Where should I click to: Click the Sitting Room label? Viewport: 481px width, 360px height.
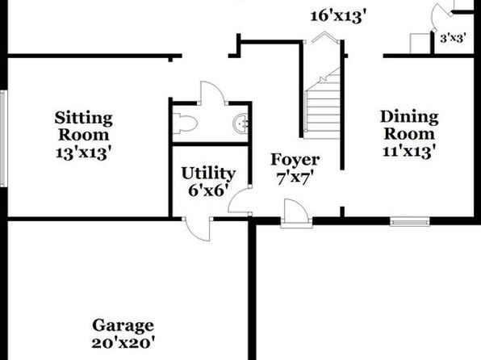[x=83, y=127]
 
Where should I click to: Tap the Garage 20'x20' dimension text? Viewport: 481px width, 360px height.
[x=123, y=343]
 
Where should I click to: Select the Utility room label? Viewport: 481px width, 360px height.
[x=208, y=174]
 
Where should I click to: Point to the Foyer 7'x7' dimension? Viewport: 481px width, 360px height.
[x=295, y=178]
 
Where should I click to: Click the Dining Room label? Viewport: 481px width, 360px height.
[x=409, y=125]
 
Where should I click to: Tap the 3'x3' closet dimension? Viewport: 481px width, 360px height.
[x=453, y=39]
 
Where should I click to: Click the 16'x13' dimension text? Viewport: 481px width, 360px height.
[x=338, y=16]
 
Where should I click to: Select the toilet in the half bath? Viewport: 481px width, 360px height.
[x=185, y=123]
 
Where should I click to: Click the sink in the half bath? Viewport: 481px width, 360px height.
[x=240, y=123]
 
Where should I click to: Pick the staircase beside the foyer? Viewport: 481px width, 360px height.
[x=322, y=104]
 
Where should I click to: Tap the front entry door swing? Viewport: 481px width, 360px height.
[x=296, y=211]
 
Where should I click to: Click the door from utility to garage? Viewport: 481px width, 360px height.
[x=198, y=229]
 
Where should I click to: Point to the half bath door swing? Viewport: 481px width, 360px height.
[x=212, y=92]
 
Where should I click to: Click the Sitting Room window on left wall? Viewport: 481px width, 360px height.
[x=3, y=138]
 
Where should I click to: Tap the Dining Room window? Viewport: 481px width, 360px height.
[x=409, y=222]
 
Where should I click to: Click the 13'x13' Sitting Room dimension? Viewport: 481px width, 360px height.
[x=83, y=153]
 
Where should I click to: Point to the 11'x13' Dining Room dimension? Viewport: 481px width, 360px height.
[x=409, y=151]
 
